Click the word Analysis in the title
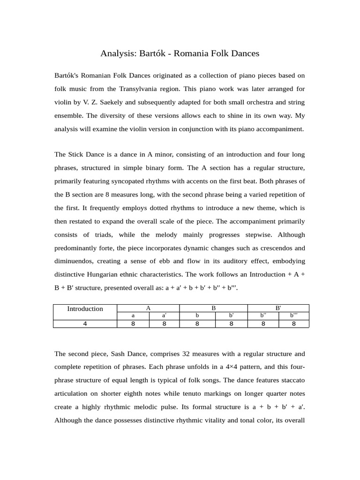tap(118, 53)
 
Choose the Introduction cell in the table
tap(85, 308)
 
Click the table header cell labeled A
tap(148, 308)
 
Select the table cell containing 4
tap(85, 323)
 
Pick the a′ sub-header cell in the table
tap(165, 316)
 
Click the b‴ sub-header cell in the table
tap(293, 316)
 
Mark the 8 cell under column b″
tap(263, 323)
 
